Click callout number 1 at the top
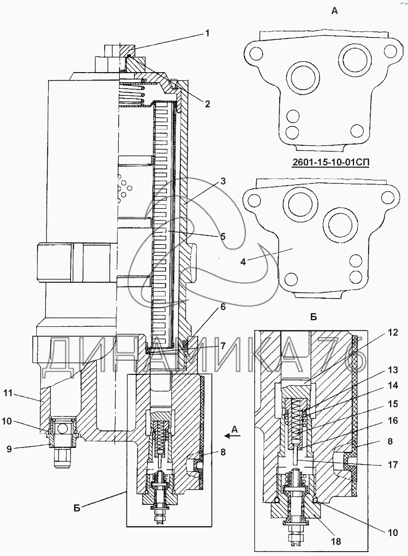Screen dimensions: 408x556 208,33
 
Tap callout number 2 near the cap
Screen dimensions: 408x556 208,104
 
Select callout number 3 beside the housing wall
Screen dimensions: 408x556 223,181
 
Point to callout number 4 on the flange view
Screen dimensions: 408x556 243,262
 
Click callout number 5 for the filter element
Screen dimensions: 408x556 223,236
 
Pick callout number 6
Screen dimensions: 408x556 223,307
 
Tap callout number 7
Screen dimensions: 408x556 223,346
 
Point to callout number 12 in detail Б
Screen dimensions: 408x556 393,332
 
